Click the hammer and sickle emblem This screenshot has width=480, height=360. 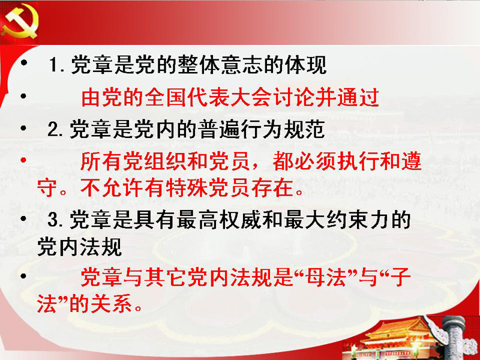coord(20,23)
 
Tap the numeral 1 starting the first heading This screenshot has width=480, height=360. coord(53,65)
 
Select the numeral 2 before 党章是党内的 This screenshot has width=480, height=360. coord(53,129)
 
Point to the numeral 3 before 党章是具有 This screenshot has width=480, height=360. coord(53,220)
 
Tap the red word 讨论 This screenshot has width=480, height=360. coord(293,97)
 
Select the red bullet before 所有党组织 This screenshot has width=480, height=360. coord(23,160)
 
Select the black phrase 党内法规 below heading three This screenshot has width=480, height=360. coord(80,247)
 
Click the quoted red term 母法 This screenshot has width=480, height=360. coord(326,277)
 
